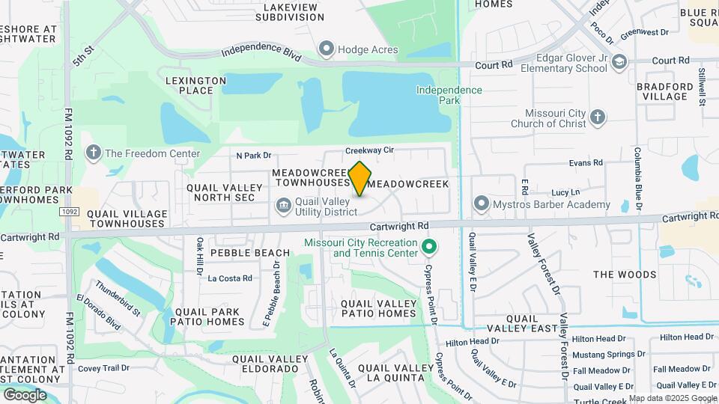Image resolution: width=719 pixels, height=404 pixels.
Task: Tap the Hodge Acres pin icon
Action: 326,50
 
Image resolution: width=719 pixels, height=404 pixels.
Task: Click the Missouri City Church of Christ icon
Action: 597,117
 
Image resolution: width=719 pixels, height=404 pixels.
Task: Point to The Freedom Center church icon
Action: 93,153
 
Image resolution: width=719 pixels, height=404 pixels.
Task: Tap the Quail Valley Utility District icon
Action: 283,204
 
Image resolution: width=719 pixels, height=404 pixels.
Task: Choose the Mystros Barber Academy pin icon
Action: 481,203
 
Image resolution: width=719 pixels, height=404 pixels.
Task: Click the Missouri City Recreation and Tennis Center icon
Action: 429,246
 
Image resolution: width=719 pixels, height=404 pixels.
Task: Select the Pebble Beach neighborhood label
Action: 249,253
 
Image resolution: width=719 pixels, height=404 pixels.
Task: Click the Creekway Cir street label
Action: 369,150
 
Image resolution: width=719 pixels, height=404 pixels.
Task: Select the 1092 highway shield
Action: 69,212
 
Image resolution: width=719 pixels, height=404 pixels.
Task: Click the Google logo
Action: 25,394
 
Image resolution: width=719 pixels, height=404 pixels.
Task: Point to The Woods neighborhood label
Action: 625,275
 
